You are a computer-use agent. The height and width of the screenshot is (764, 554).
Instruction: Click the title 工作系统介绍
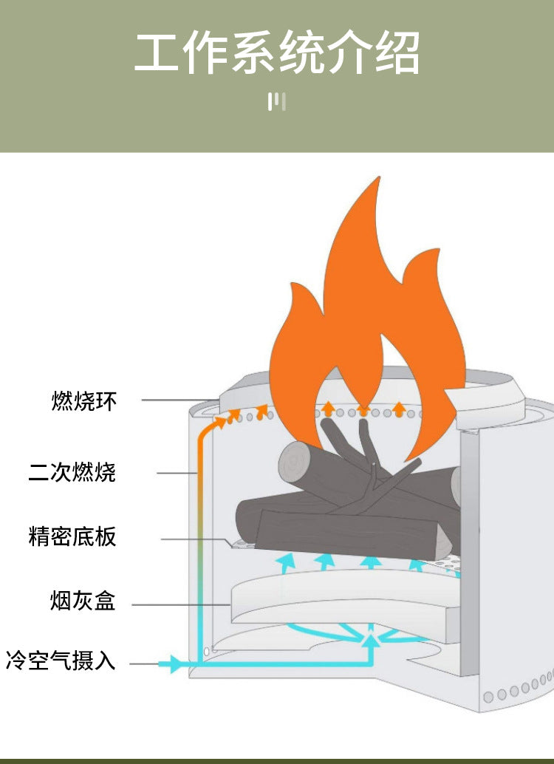277,53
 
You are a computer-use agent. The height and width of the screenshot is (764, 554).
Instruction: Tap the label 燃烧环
84,400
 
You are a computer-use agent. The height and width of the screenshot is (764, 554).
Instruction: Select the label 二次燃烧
72,471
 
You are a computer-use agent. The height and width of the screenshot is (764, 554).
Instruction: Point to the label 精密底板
72,536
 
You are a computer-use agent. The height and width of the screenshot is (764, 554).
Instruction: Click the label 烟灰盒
83,601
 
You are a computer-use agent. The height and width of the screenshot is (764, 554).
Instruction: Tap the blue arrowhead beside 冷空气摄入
174,664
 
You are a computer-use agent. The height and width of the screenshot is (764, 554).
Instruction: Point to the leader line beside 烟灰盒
181,605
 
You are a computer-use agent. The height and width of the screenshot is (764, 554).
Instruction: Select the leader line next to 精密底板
196,539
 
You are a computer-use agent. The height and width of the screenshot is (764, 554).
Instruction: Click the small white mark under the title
276,101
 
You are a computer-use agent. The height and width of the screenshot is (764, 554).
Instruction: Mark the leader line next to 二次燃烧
177,472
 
